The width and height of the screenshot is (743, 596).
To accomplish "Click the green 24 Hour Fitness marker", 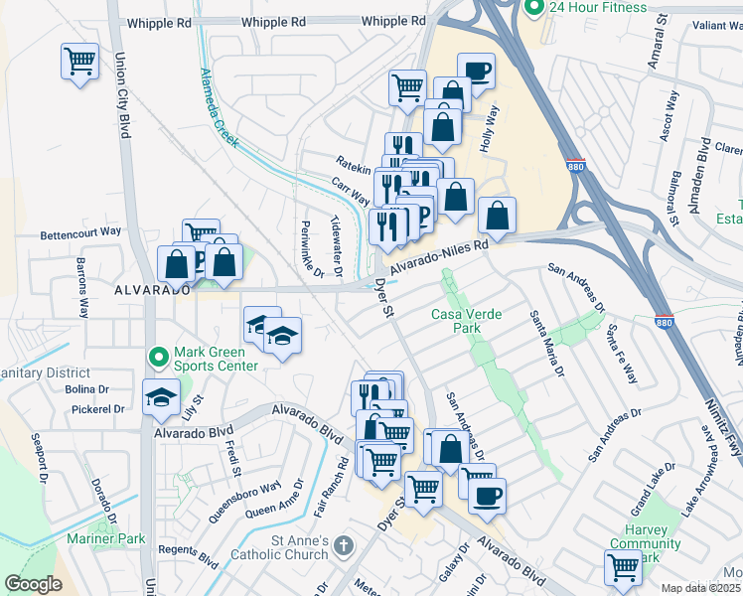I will click(x=534, y=9).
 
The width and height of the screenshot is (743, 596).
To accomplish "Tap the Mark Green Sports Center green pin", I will click(x=157, y=356).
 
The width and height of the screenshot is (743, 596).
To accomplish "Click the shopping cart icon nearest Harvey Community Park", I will click(x=622, y=567).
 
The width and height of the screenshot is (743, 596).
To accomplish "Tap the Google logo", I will click(x=33, y=584).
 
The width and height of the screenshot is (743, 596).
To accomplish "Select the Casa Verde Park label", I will click(x=466, y=322).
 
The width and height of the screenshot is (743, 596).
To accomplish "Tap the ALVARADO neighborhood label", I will click(x=150, y=290).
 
